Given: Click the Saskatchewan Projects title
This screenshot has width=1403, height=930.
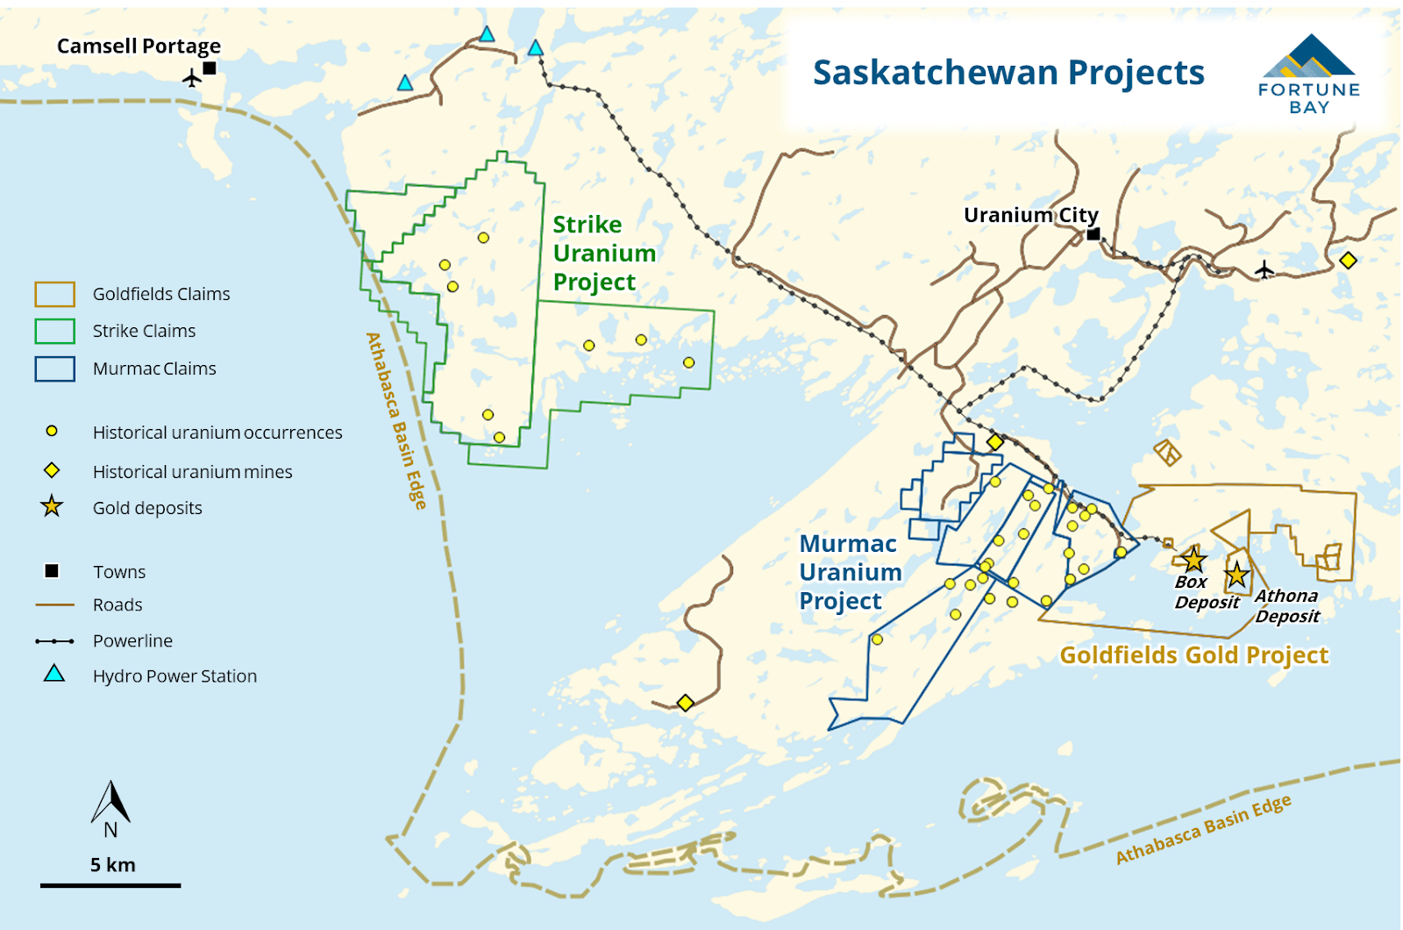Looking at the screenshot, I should tap(1008, 73).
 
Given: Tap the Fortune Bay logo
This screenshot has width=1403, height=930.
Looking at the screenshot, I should tap(1308, 75).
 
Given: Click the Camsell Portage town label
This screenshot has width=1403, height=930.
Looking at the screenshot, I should tap(139, 46).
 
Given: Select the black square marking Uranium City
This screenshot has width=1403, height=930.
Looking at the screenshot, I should tap(1093, 234).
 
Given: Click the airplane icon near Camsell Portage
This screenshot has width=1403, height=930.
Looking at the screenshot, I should tap(192, 79).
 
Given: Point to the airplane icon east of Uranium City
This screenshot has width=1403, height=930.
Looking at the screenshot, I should tap(1264, 268).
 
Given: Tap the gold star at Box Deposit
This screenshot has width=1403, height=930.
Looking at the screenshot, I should tap(1193, 559).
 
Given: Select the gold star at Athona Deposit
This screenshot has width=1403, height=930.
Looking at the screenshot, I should tap(1236, 575).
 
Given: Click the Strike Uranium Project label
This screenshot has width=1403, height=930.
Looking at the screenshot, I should tap(603, 254).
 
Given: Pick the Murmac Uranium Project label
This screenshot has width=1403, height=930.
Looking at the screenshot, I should tap(850, 572).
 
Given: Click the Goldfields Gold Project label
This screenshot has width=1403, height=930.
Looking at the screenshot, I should tap(1193, 655).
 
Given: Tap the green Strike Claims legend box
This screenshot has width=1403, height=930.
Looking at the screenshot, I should tap(54, 331).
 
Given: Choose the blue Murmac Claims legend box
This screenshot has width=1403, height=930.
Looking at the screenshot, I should tap(54, 368).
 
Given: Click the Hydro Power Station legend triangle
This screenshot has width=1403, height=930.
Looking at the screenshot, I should tap(54, 674).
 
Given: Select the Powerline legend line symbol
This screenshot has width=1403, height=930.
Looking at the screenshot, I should tap(54, 641).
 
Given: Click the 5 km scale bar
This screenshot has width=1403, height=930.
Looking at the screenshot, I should tap(110, 885).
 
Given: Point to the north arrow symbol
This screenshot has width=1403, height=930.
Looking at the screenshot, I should tap(110, 803).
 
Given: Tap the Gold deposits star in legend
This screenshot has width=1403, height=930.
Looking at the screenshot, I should tap(52, 506).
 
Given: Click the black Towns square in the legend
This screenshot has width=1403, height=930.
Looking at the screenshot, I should tap(52, 571).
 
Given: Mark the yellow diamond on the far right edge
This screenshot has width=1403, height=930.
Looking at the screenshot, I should tap(1348, 261).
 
